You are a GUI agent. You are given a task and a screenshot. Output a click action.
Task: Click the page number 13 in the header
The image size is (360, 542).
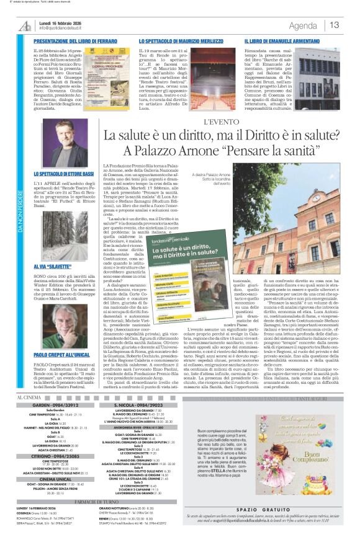point(335,25)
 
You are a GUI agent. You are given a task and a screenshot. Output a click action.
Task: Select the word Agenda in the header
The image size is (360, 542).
point(303,25)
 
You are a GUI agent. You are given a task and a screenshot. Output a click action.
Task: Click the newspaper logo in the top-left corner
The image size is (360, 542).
point(24,25)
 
